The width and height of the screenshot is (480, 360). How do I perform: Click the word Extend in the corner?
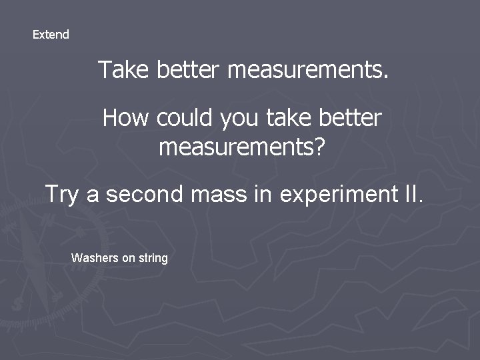(51, 35)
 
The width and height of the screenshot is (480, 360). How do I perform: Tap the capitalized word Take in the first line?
(125, 69)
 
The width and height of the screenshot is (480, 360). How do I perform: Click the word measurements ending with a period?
(307, 69)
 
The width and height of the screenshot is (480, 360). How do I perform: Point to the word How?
(126, 119)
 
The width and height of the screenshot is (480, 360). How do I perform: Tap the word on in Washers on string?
(127, 257)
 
